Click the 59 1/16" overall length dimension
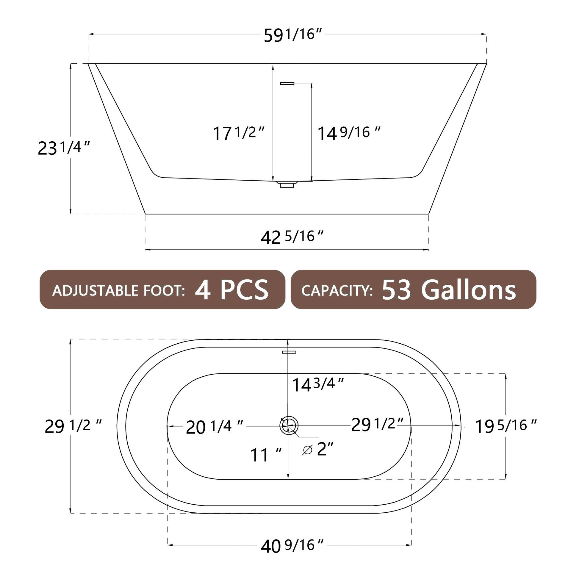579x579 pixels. pyautogui.click(x=293, y=35)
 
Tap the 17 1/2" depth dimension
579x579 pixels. pyautogui.click(x=238, y=133)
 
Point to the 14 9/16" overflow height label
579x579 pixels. pyautogui.click(x=348, y=133)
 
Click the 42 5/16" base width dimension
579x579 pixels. pyautogui.click(x=292, y=237)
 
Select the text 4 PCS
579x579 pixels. pyautogui.click(x=232, y=290)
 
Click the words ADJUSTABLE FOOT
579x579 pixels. pyautogui.click(x=118, y=291)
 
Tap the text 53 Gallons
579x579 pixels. pyautogui.click(x=449, y=290)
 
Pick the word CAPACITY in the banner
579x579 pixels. pyautogui.click(x=337, y=290)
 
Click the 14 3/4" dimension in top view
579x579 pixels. pyautogui.click(x=318, y=384)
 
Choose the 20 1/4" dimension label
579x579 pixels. pyautogui.click(x=214, y=427)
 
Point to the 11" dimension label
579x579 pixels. pyautogui.click(x=265, y=455)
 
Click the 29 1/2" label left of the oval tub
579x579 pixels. pyautogui.click(x=73, y=426)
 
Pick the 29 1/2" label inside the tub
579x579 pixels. pyautogui.click(x=377, y=425)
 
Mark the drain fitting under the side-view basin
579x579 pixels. pyautogui.click(x=287, y=184)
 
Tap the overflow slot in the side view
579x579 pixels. pyautogui.click(x=287, y=83)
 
